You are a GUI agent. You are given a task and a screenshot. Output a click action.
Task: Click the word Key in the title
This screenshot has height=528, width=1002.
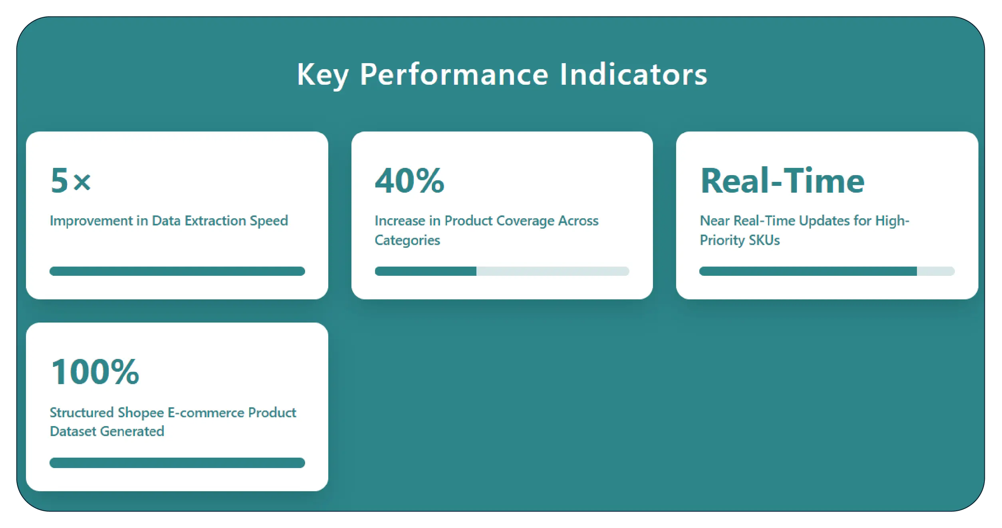[323, 75]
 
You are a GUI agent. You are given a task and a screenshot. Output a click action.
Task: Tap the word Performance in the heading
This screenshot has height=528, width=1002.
[454, 75]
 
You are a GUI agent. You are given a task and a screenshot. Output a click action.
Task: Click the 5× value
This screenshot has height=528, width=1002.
[71, 181]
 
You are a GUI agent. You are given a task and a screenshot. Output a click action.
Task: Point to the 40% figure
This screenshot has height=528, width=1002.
[409, 181]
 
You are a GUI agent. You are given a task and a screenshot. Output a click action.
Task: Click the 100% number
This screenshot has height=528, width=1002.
[95, 372]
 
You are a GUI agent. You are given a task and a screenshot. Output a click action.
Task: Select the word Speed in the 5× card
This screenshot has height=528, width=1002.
[269, 221]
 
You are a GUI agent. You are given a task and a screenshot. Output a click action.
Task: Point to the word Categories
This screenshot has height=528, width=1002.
[407, 240]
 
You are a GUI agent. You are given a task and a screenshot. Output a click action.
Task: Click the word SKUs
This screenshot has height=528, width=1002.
[764, 240]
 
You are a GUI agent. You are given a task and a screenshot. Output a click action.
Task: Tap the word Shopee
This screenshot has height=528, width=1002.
[141, 412]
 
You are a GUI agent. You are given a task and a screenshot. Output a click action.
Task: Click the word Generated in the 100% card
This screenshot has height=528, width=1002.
[132, 431]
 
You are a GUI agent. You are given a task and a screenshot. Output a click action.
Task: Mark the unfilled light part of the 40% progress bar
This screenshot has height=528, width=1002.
[552, 271]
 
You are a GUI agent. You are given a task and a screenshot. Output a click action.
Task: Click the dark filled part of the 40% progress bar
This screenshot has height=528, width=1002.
[425, 271]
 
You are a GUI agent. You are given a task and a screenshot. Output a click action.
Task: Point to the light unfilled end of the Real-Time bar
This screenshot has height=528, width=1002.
[935, 271]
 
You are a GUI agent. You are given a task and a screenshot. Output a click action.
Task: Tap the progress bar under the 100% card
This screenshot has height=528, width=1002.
[177, 463]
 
